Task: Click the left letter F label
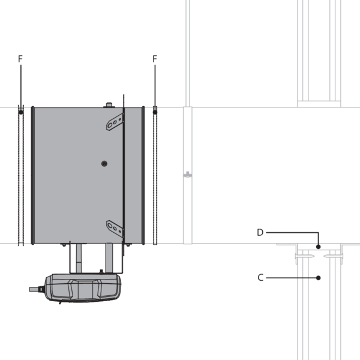[20, 59]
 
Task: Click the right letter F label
[155, 59]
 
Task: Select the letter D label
[260, 233]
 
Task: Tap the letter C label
[260, 278]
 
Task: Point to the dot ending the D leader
[318, 247]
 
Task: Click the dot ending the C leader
[318, 278]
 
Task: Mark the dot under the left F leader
[21, 112]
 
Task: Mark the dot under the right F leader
[155, 112]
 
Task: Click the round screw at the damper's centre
[104, 163]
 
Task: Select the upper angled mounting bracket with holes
[115, 122]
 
